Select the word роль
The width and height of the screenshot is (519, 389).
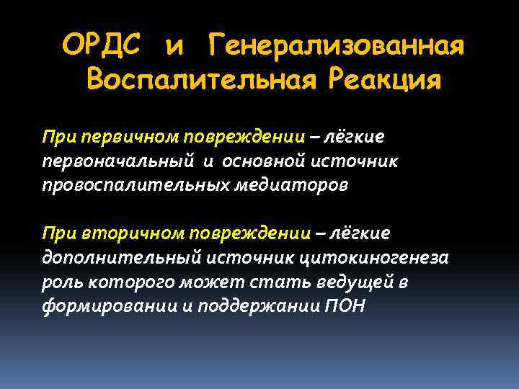tap(60, 282)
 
